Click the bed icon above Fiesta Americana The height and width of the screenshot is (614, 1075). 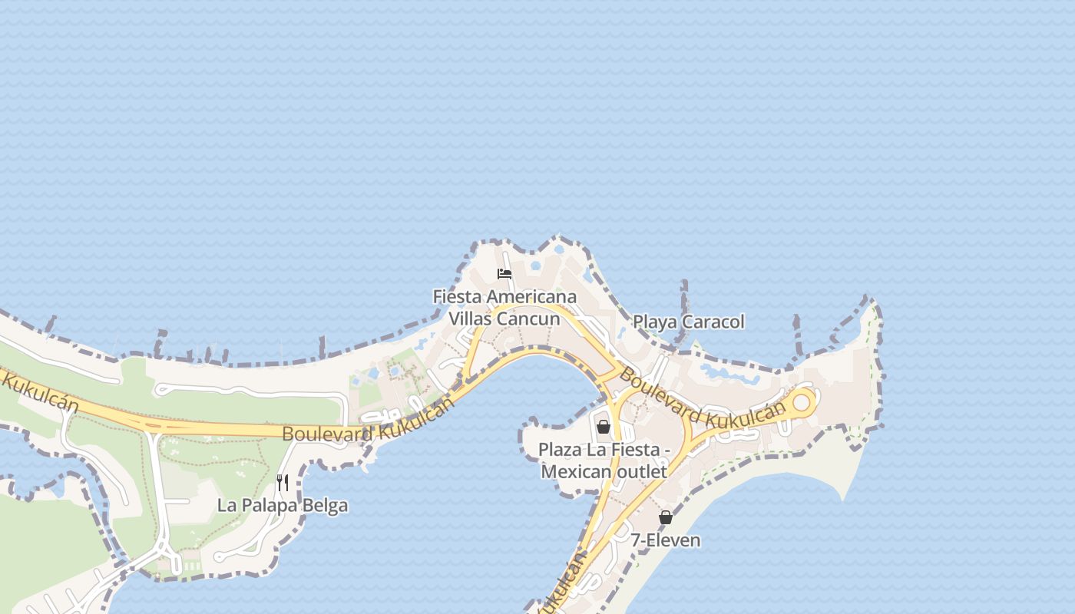504,274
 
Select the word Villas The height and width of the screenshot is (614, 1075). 471,318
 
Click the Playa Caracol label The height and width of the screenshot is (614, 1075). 689,322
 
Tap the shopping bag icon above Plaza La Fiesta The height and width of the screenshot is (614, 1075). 604,427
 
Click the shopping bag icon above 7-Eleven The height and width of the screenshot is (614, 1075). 666,518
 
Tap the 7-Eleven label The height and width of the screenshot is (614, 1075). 666,540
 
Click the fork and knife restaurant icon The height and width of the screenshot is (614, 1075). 283,483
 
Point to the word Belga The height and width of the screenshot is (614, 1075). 327,506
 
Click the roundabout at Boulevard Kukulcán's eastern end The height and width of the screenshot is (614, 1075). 802,401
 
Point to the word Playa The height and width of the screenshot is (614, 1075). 653,322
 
